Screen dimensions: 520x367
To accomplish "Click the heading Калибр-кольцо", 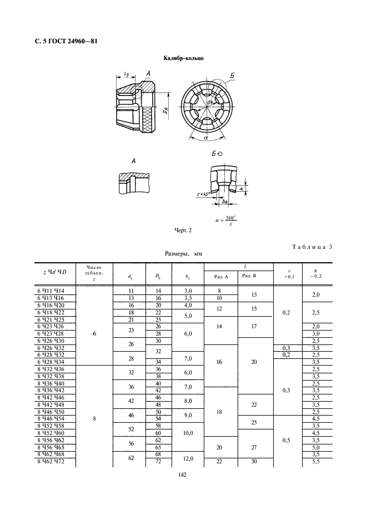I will click(183, 58).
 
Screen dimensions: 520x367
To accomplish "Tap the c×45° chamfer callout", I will click(205, 195).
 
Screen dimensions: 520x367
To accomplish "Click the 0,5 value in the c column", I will click(286, 440).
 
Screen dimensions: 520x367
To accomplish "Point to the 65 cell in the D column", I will click(158, 447).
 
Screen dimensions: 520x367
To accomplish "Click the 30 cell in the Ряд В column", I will click(253, 462).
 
